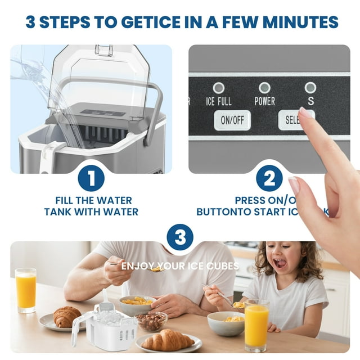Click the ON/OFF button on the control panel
232,120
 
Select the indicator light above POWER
264,87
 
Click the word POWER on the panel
264,102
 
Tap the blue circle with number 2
269,179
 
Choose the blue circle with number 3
180,238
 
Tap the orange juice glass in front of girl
256,325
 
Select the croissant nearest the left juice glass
67,317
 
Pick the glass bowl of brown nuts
151,321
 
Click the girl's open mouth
280,263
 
